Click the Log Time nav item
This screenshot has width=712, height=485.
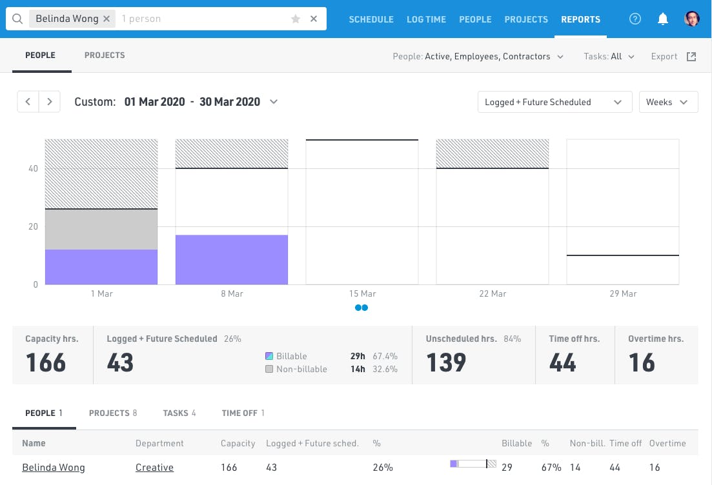coord(426,19)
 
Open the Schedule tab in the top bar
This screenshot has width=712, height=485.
coord(371,19)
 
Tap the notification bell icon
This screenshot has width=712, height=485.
coord(662,19)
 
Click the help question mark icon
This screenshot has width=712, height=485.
coord(635,19)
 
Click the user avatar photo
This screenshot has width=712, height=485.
coord(692,19)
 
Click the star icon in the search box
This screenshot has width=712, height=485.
coord(296,19)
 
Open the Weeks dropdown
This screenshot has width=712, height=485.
coord(668,102)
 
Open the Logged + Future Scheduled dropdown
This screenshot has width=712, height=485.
coord(554,102)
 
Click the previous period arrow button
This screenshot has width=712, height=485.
coord(28,102)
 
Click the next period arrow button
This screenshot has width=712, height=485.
coord(50,102)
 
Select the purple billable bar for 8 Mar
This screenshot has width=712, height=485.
coord(232,260)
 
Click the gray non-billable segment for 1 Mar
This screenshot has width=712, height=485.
coord(101,230)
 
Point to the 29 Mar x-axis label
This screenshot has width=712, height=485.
coord(623,293)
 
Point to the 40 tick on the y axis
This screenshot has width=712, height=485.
coord(33,169)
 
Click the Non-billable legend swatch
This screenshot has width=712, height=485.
coord(269,370)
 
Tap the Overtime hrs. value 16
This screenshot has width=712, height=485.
coord(642,363)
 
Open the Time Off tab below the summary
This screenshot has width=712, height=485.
coord(243,413)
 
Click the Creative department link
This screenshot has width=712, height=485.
coord(154,468)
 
